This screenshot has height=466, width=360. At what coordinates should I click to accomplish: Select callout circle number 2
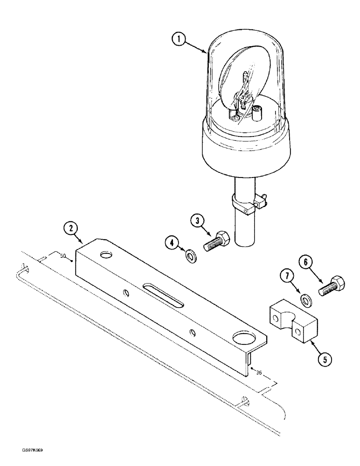[70, 229]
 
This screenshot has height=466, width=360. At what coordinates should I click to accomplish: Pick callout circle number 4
[172, 243]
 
